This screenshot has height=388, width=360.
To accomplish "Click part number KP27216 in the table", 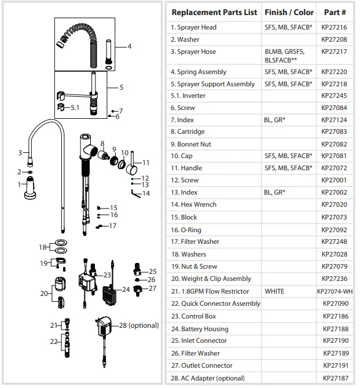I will pyautogui.click(x=335, y=27).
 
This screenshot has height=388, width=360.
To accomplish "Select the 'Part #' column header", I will pyautogui.click(x=335, y=12).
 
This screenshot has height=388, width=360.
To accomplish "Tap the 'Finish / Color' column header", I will pyautogui.click(x=289, y=12).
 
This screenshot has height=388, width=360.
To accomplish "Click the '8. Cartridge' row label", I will pyautogui.click(x=188, y=132).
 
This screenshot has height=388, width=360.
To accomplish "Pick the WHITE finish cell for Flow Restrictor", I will pyautogui.click(x=274, y=291).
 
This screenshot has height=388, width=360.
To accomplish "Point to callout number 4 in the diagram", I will pyautogui.click(x=129, y=46).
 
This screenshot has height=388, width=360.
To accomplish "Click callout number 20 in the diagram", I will pyautogui.click(x=44, y=294).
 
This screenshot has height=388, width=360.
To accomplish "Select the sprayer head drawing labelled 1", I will pyautogui.click(x=31, y=190).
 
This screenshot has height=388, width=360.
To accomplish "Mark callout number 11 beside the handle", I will pyautogui.click(x=146, y=163).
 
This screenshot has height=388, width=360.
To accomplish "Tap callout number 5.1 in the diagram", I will pyautogui.click(x=75, y=108).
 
